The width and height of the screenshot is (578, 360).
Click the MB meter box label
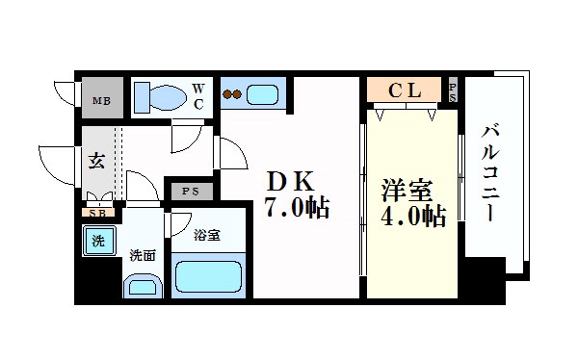tap(100, 99)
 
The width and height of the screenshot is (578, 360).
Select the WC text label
tap(198, 97)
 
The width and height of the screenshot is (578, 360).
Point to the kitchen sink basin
tap(261, 94)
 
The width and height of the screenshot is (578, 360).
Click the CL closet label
tap(405, 91)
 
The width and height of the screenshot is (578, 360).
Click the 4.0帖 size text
tap(411, 216)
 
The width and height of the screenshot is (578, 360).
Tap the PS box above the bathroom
tap(190, 192)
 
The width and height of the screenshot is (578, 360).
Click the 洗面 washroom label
tap(142, 255)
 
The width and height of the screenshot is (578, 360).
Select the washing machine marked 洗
tap(97, 241)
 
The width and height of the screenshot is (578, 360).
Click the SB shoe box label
tap(96, 214)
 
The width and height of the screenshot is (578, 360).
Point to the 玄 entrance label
tap(97, 161)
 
